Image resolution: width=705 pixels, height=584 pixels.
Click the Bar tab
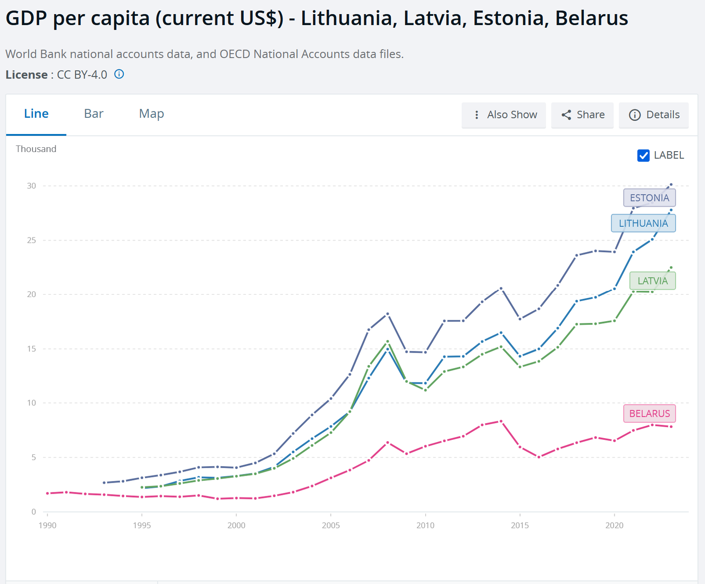point(93,114)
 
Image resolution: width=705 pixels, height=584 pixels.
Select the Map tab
point(151,114)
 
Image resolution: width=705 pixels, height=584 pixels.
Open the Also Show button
point(504,115)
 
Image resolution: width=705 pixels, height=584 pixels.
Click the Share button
point(582,115)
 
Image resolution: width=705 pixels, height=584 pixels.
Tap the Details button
point(654,115)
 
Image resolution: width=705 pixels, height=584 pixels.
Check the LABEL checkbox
point(643,156)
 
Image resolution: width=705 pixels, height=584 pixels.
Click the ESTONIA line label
point(649,198)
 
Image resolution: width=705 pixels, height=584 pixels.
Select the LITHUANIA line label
point(643,223)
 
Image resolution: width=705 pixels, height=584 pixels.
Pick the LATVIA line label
point(652,281)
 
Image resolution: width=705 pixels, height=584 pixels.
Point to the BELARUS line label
point(649,413)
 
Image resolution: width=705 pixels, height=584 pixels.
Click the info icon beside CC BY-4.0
point(119,74)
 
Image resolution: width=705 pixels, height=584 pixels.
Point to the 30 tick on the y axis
point(31,186)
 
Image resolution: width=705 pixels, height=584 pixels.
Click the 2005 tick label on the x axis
point(330,525)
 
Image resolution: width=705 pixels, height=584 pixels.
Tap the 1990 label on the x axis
point(47,525)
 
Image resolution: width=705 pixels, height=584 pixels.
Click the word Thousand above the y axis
point(36,149)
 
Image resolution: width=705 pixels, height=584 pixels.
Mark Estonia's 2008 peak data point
point(388,314)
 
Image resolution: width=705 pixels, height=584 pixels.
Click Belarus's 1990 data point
point(47,493)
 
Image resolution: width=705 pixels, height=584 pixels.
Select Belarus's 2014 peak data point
point(501,421)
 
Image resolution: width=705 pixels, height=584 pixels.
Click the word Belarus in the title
point(591,19)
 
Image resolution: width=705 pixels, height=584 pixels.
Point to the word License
point(26,75)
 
